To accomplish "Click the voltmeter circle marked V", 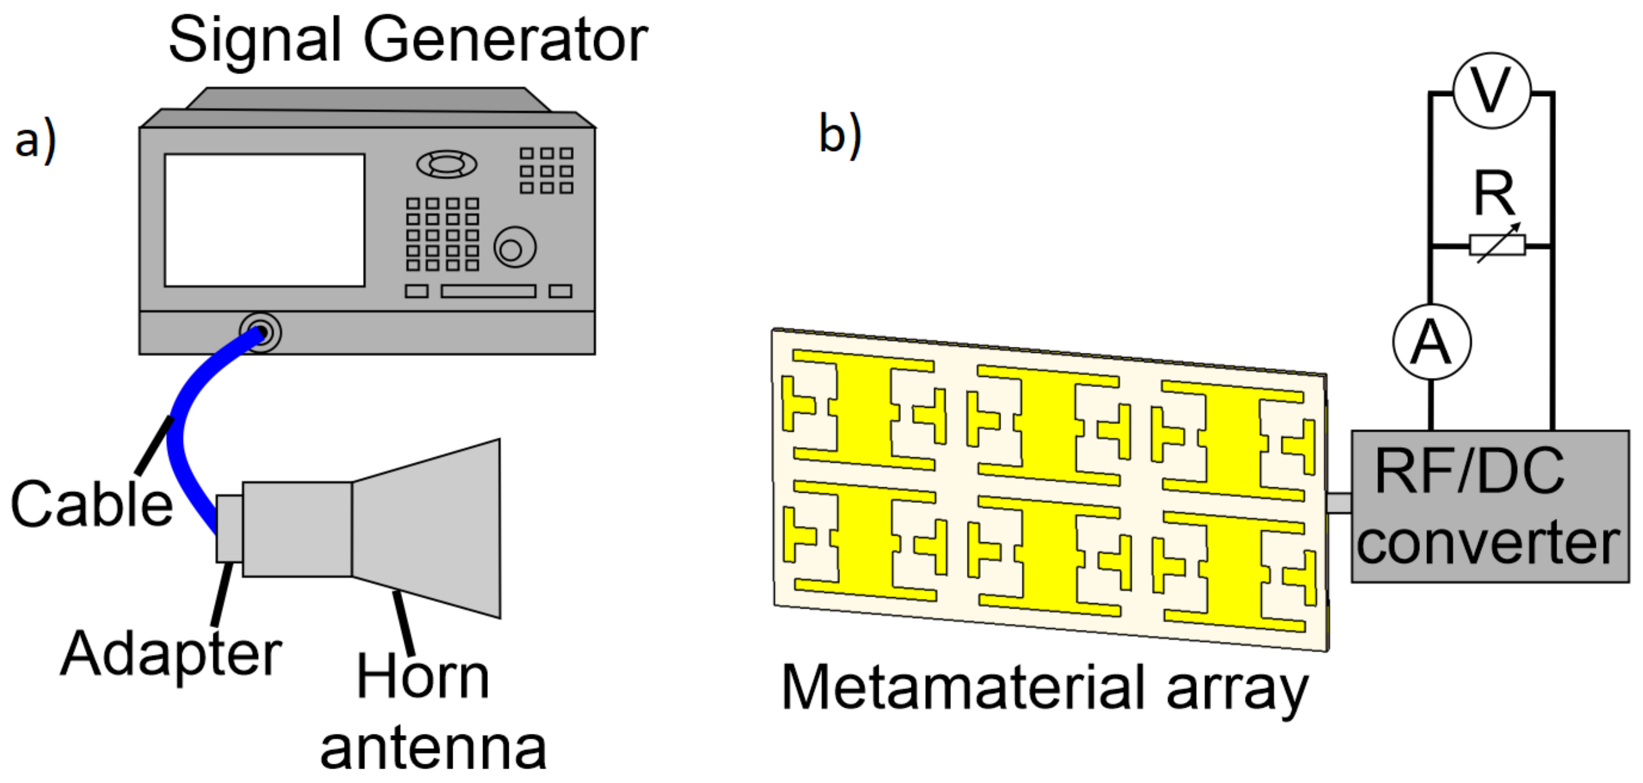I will click(x=1491, y=91).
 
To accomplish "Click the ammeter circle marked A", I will click(x=1432, y=343).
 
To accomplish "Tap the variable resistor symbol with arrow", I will click(x=1497, y=245).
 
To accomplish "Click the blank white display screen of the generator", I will click(x=265, y=220).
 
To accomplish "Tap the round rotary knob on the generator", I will click(x=514, y=248).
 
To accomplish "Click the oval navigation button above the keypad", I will click(x=446, y=164).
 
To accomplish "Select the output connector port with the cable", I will click(x=260, y=333).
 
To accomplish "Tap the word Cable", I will click(x=91, y=504).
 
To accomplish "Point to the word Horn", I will click(x=423, y=677).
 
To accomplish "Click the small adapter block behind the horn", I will click(x=229, y=528).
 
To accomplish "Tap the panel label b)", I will click(x=839, y=135).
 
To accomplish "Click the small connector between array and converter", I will click(x=1340, y=503).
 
